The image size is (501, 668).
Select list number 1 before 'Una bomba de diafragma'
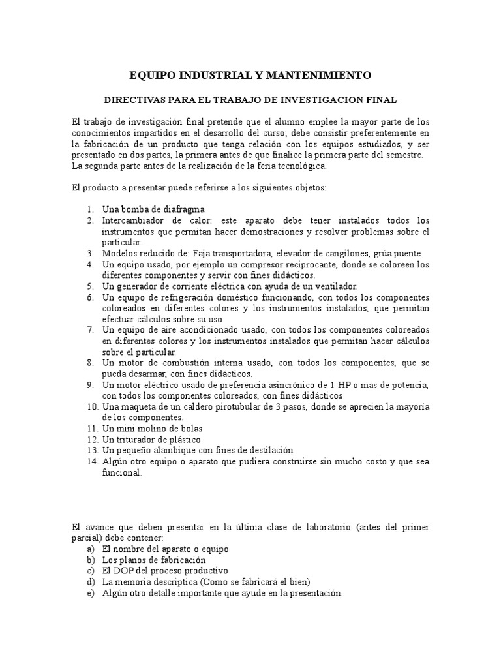click(89, 210)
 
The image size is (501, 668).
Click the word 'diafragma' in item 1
click(186, 210)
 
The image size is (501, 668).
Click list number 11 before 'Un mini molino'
click(91, 429)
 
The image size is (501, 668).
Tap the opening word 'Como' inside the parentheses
click(215, 582)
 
